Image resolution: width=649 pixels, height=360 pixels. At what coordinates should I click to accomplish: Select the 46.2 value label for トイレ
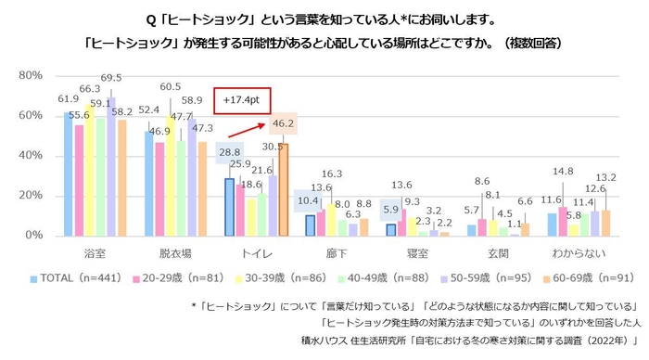(282, 123)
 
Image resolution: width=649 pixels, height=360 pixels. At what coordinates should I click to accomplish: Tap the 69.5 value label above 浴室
(112, 78)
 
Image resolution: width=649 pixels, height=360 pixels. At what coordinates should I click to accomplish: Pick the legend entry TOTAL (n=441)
(74, 277)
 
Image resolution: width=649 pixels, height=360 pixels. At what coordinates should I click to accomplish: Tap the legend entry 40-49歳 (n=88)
(369, 277)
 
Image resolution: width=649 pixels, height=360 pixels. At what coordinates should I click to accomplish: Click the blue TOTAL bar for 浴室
(68, 174)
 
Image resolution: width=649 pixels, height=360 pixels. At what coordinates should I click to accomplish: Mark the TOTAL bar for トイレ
(228, 207)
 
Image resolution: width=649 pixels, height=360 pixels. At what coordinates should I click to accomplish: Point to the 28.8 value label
(228, 151)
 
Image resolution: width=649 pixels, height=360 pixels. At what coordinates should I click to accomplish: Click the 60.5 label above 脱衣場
(170, 86)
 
